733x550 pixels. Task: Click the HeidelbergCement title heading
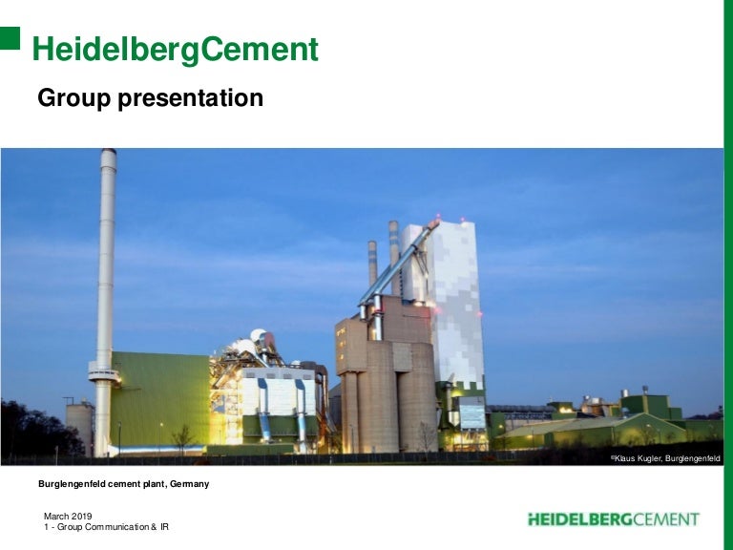[x=176, y=50]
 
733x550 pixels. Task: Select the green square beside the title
[x=10, y=37]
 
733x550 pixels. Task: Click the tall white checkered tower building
[x=456, y=296]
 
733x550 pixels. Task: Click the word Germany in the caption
[x=189, y=484]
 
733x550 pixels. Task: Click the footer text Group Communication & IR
[x=112, y=527]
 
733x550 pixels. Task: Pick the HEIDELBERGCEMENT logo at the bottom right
[x=614, y=519]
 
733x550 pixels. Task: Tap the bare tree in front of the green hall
[x=182, y=437]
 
